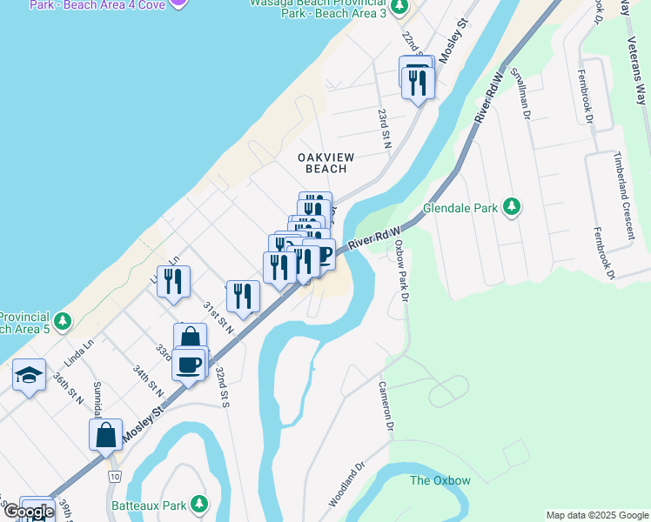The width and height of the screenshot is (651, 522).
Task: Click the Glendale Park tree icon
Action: pyautogui.click(x=513, y=208)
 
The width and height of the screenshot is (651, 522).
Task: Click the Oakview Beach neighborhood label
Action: pyautogui.click(x=326, y=163)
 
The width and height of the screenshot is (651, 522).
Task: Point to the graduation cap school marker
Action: pyautogui.click(x=29, y=376)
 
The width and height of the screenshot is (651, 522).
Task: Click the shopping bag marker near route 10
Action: pyautogui.click(x=105, y=434)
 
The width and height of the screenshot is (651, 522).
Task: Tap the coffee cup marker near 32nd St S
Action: pyautogui.click(x=189, y=364)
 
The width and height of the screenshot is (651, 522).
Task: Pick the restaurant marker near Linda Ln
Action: pyautogui.click(x=173, y=281)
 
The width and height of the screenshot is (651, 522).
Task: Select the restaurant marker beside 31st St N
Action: pyautogui.click(x=244, y=295)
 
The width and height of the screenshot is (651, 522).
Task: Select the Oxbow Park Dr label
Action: pyautogui.click(x=401, y=271)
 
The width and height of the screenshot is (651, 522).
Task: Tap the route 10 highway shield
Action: pyautogui.click(x=114, y=477)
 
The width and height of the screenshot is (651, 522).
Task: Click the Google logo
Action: pyautogui.click(x=30, y=512)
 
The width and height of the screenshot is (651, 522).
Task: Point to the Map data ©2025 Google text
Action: pyautogui.click(x=596, y=515)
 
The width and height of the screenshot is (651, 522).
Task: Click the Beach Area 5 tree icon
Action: pyautogui.click(x=61, y=321)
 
